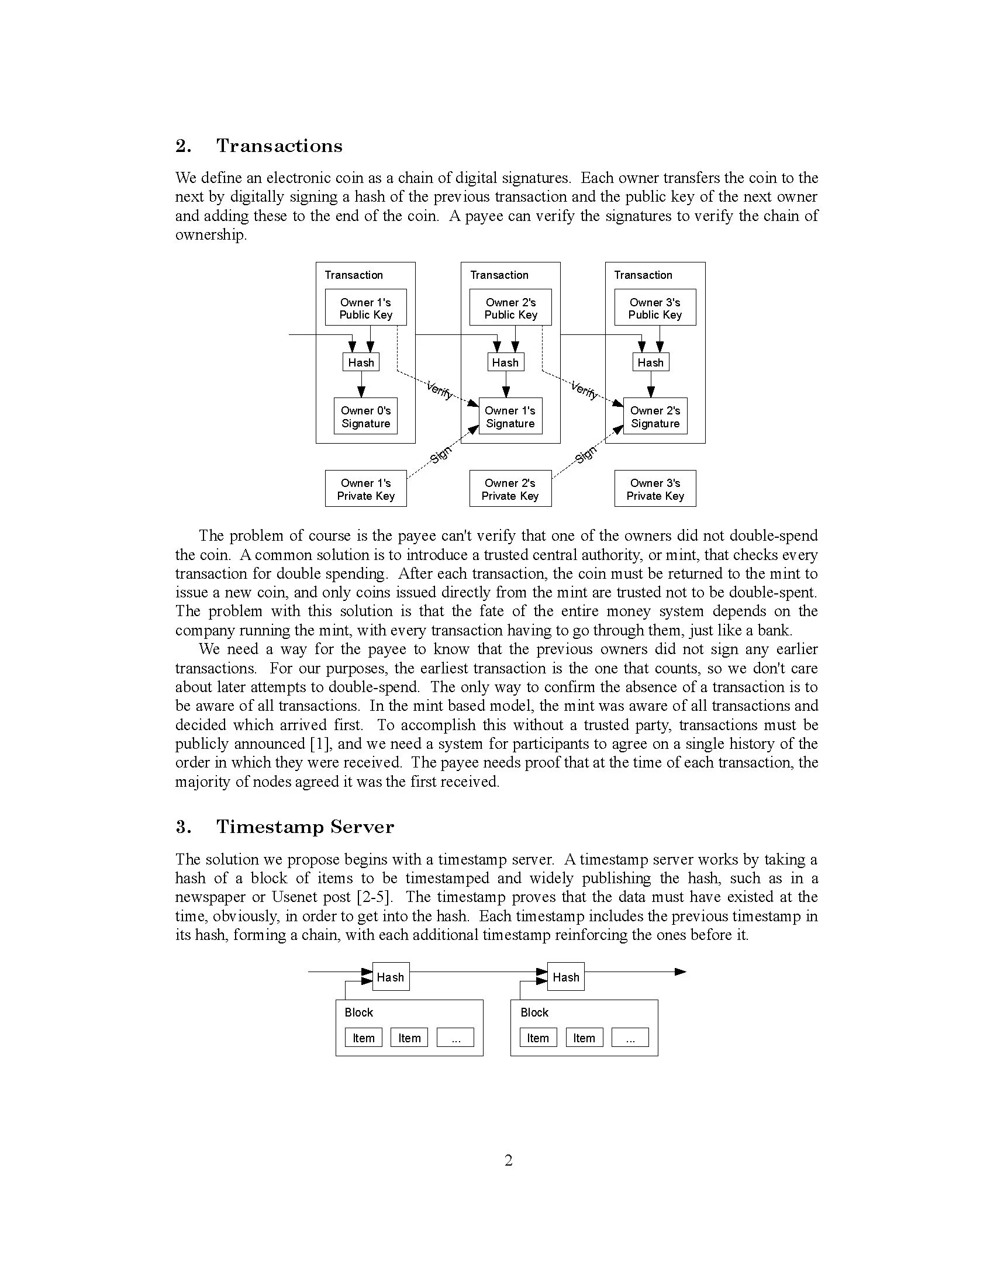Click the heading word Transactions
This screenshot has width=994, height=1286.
coord(279,146)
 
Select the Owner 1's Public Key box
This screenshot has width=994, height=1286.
coord(365,307)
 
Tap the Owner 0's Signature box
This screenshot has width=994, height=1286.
coord(365,416)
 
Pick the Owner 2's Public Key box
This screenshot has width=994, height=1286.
coord(510,307)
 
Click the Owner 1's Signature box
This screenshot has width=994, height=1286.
coord(510,416)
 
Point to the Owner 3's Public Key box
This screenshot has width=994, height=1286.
coord(655,307)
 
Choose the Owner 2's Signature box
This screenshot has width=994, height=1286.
coord(655,416)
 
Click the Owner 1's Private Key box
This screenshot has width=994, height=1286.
coord(365,489)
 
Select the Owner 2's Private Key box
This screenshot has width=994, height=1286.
coord(510,489)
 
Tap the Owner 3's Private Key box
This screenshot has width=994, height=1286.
coord(655,489)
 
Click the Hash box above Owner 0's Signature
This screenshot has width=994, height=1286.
coord(361,362)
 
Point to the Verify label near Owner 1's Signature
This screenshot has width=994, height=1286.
coord(439,390)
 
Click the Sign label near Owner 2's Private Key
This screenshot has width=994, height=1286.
coord(585,454)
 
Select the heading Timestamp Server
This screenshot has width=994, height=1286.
coord(305,827)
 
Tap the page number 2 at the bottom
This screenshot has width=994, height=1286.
coord(509,1160)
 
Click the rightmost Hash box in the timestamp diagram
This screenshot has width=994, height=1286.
coord(566,977)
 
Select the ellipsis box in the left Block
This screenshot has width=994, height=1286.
coord(455,1038)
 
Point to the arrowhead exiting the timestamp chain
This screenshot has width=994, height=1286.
coord(681,972)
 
